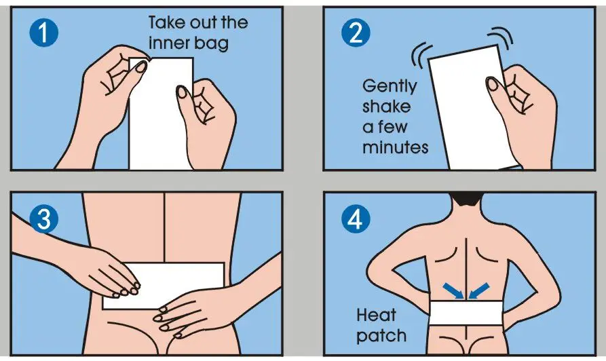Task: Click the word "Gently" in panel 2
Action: pos(389,87)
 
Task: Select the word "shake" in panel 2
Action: pos(386,107)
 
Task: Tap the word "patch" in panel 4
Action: pos(381,335)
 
